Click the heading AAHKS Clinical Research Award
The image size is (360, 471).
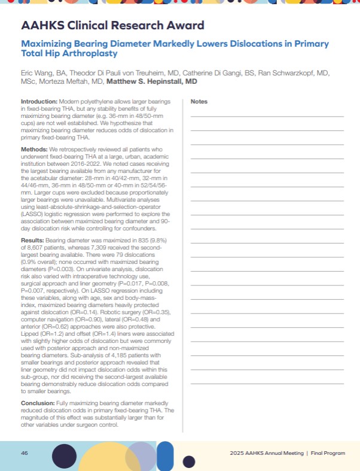tap(112, 26)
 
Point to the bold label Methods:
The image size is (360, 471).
tap(35, 147)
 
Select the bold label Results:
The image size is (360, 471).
tap(33, 238)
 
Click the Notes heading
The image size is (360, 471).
tap(199, 102)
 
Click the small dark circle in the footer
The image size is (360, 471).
tap(189, 461)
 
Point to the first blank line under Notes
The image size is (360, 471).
tap(267, 115)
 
